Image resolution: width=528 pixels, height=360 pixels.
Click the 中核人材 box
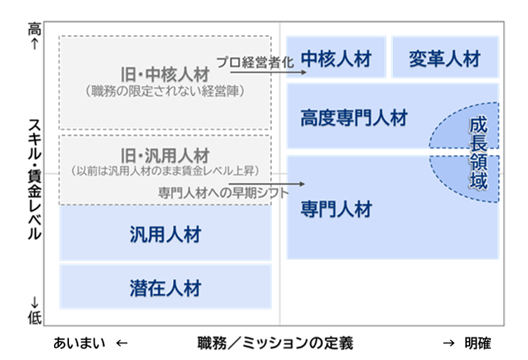tap(336, 58)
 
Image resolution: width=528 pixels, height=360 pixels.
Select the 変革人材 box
tap(444, 58)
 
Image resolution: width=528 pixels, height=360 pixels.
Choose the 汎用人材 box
tap(165, 233)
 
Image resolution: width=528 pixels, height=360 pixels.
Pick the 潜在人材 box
tap(165, 287)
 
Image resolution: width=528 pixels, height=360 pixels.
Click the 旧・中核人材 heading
tap(165, 75)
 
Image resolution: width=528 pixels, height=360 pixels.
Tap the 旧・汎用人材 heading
tap(165, 154)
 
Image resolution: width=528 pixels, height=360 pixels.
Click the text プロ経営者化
tap(254, 62)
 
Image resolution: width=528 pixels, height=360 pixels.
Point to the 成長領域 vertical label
tap(479, 154)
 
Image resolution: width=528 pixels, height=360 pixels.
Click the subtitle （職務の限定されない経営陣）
tap(165, 91)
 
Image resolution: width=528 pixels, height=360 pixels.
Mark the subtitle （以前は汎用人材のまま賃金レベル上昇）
tap(165, 171)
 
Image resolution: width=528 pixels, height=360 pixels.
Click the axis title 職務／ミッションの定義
tap(275, 343)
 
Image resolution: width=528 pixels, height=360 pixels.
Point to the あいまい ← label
tap(90, 343)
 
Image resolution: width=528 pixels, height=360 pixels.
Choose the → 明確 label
tap(466, 343)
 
